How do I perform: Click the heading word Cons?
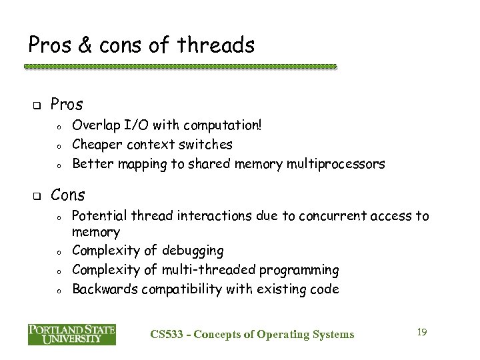[x=68, y=195]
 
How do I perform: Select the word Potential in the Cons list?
[x=99, y=216]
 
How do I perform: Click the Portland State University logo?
[x=72, y=334]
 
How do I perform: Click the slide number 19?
[x=421, y=331]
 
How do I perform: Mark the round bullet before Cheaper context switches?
[x=59, y=145]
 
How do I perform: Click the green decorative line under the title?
[x=180, y=67]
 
